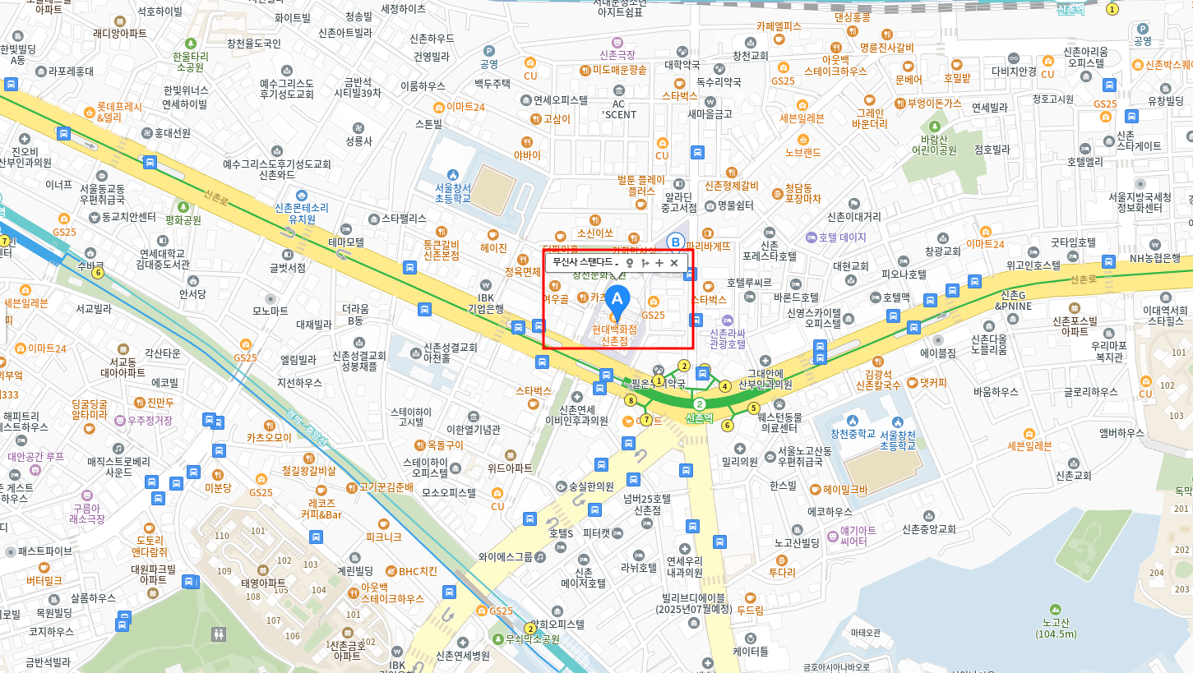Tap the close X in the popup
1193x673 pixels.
click(674, 263)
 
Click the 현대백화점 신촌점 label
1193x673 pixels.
click(614, 334)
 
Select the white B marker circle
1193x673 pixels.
click(675, 242)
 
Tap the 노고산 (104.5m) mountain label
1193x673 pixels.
click(1056, 628)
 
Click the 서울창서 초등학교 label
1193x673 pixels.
click(453, 192)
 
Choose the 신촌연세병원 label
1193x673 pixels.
click(463, 656)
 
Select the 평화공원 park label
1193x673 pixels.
click(183, 220)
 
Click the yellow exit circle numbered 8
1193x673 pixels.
click(631, 400)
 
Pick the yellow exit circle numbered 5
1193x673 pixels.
click(753, 408)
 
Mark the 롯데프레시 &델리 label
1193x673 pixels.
click(119, 112)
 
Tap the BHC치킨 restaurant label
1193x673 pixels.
click(418, 571)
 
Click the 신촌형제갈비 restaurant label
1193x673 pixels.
click(732, 186)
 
